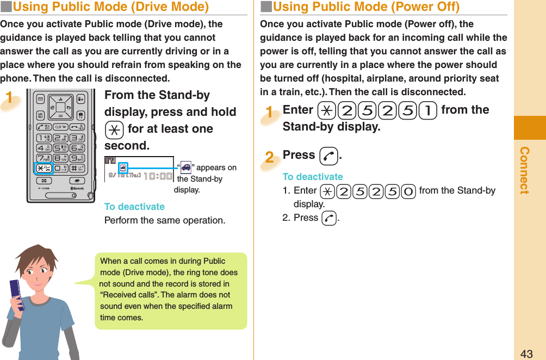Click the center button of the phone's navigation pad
[x=60, y=108]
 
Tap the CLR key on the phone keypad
[x=61, y=126]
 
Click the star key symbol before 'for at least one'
[x=114, y=129]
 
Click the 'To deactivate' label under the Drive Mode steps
[x=134, y=207]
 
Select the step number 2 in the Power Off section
[x=269, y=157]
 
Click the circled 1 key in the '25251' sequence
[x=429, y=110]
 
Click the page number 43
[x=526, y=353]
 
